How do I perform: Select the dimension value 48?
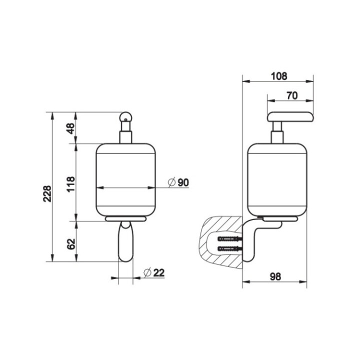(x=70, y=128)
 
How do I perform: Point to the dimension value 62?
(x=70, y=244)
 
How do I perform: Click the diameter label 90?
(x=183, y=183)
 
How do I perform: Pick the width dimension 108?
(x=278, y=76)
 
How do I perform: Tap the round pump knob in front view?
(x=125, y=117)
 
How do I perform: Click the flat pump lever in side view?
(x=289, y=117)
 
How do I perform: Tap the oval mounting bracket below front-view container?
(x=125, y=242)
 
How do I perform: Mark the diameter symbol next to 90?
(x=171, y=183)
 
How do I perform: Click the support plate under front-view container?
(x=125, y=219)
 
